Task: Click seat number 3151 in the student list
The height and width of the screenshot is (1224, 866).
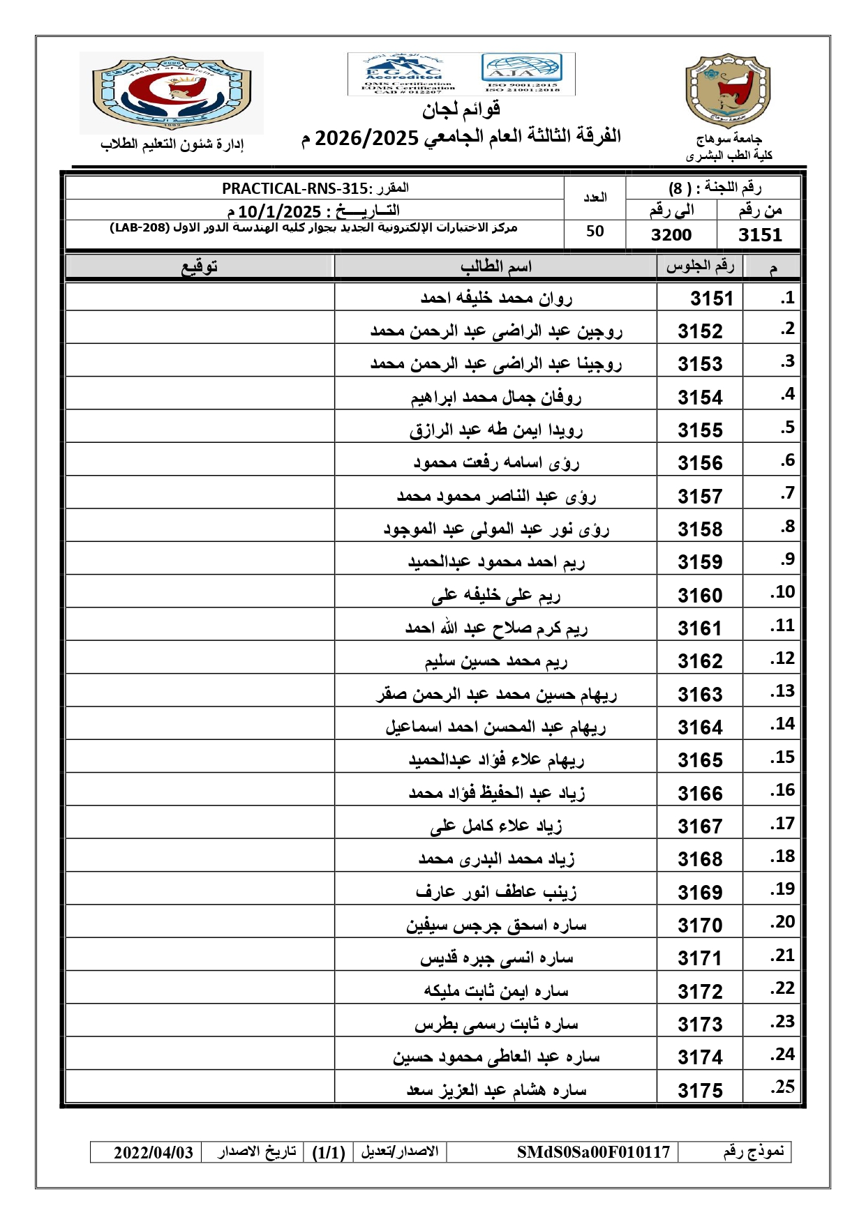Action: [x=711, y=299]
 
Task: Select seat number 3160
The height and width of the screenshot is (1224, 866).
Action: [x=700, y=596]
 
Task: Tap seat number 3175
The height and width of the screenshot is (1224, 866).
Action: [x=700, y=1091]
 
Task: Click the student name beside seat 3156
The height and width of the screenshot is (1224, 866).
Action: [x=496, y=462]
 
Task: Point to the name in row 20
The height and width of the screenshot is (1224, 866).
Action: [x=496, y=925]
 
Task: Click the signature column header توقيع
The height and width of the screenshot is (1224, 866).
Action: [x=200, y=266]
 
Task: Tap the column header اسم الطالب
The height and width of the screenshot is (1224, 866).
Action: [x=496, y=266]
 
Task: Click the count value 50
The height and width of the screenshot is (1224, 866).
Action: [x=595, y=232]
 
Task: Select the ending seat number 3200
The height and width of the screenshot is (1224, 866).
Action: [x=671, y=235]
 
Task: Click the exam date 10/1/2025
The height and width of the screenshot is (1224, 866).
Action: [x=279, y=211]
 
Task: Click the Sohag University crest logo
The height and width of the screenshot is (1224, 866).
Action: [x=727, y=91]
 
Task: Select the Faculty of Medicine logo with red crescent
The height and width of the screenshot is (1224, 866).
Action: [x=172, y=92]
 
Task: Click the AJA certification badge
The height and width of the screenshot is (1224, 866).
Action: [x=521, y=70]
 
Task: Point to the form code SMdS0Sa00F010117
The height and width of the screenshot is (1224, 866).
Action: [x=593, y=1152]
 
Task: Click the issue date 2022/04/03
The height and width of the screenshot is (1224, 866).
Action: [x=154, y=1152]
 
